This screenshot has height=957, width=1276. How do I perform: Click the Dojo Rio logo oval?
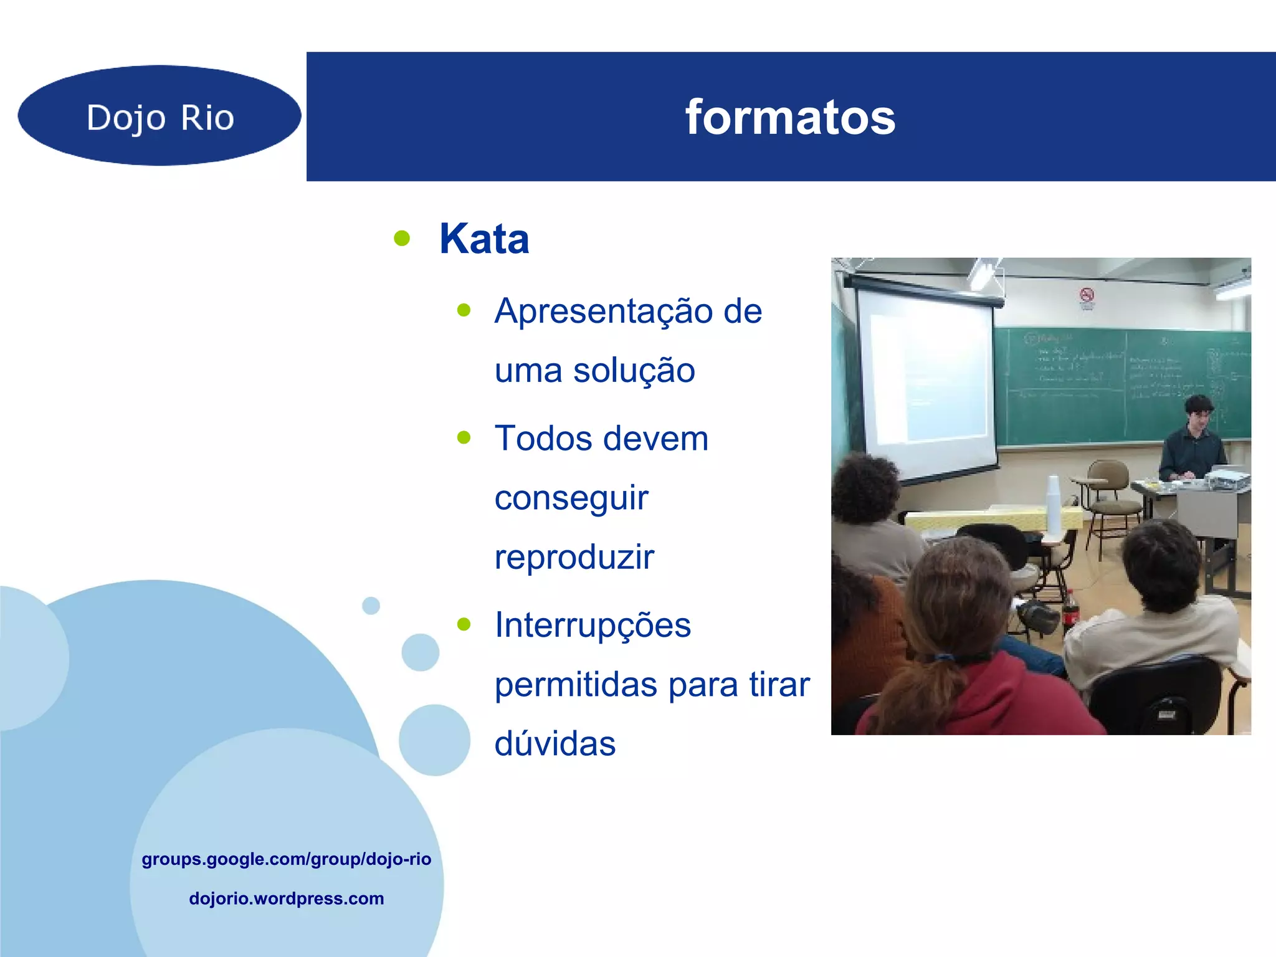(159, 116)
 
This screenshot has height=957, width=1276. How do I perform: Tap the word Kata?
(484, 239)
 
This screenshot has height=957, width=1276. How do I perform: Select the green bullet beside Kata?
(402, 238)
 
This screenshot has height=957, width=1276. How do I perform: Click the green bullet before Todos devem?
(464, 437)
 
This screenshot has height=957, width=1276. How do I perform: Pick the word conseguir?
(571, 498)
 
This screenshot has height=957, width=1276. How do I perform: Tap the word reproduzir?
(574, 556)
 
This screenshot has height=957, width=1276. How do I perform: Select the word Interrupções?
(593, 625)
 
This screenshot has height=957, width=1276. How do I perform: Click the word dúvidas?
(555, 743)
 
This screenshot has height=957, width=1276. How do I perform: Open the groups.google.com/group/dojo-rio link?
(286, 859)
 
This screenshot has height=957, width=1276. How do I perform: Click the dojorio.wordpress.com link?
(286, 898)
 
